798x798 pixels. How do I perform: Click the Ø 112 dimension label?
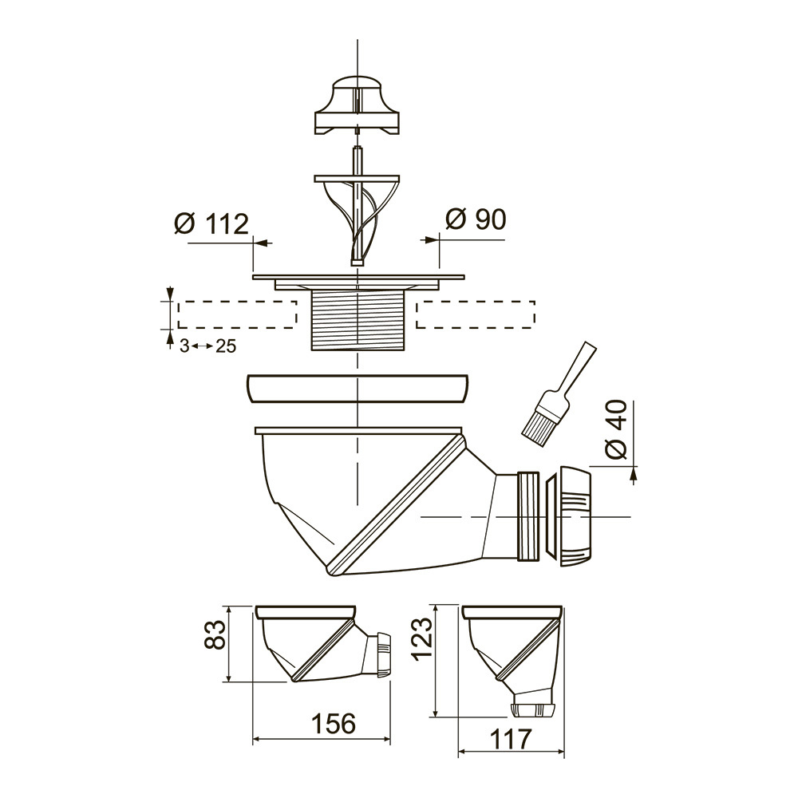tap(211, 224)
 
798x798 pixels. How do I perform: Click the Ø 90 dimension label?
tap(476, 219)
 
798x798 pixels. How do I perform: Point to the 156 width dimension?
tap(334, 723)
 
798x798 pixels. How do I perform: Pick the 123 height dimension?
tap(423, 638)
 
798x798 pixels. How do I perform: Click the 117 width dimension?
tap(511, 739)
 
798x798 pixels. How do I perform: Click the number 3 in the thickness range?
tap(184, 346)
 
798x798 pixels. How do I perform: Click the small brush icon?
tap(558, 397)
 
